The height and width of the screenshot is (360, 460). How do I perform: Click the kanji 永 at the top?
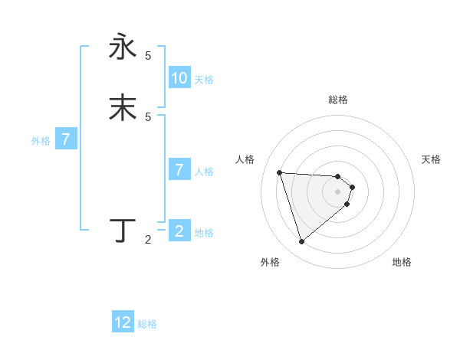tap(123, 47)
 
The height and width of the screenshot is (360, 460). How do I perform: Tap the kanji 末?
tap(123, 107)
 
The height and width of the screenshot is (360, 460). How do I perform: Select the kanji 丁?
tap(123, 230)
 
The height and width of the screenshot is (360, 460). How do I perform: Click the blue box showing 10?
tap(179, 78)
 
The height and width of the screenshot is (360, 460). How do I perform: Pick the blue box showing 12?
tap(123, 322)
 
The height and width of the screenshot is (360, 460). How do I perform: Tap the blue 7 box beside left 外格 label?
tap(67, 140)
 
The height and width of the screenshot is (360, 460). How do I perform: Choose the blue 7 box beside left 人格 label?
tap(179, 170)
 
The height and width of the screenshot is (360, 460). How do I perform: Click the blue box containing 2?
tap(179, 231)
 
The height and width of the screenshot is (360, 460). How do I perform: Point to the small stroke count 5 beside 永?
tap(148, 56)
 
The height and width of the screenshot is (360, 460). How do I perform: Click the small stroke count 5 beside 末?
tap(148, 116)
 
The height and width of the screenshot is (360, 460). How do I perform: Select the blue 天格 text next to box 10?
tap(204, 80)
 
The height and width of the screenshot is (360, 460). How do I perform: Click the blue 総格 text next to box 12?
tap(147, 324)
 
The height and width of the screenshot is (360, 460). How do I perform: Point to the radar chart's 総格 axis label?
tap(338, 100)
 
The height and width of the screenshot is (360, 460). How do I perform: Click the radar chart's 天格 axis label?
tap(431, 159)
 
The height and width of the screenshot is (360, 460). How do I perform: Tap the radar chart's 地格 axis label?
tap(402, 262)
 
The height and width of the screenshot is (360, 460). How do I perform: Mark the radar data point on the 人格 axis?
tap(280, 172)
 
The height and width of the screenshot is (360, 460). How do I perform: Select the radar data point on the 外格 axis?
tap(301, 242)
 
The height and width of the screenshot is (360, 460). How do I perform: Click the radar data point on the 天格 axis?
tap(352, 187)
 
